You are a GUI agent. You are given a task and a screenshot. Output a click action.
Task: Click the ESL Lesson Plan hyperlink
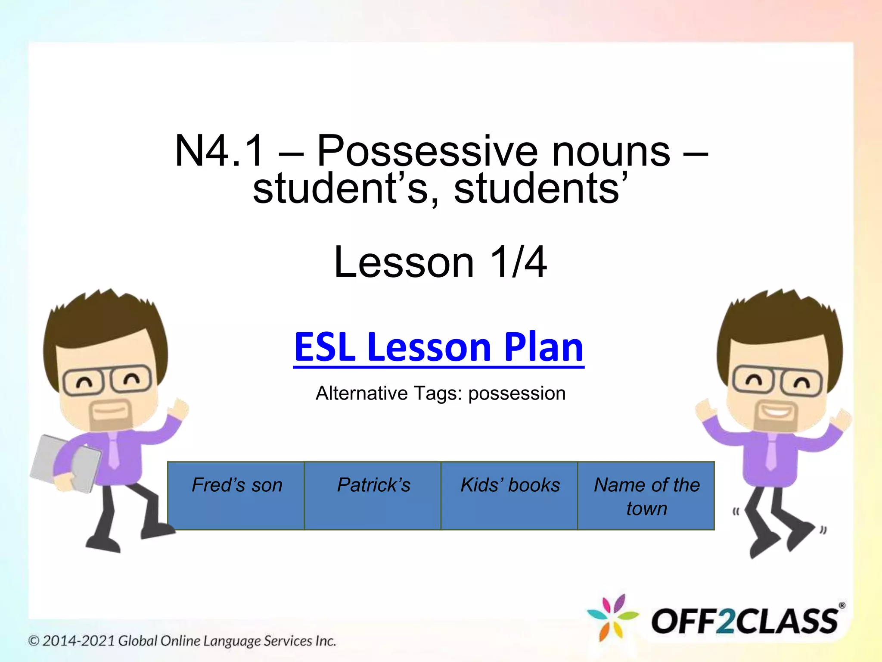click(438, 347)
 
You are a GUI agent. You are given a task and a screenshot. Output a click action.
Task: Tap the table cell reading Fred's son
click(236, 495)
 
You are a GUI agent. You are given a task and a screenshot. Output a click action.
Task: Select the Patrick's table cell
click(373, 495)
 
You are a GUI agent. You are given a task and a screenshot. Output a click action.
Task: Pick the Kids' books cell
click(509, 495)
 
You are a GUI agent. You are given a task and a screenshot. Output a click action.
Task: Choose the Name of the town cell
click(646, 496)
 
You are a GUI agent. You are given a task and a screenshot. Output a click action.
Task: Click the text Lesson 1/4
click(440, 262)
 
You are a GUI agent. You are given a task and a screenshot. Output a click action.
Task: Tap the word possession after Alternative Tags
click(516, 393)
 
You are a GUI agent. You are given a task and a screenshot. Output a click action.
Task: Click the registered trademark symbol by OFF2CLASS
click(842, 606)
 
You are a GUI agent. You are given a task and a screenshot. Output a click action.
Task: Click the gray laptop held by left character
click(65, 464)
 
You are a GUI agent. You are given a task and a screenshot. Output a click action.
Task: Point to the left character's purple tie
click(113, 450)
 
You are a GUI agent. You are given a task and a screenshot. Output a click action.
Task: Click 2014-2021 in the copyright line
click(79, 641)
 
